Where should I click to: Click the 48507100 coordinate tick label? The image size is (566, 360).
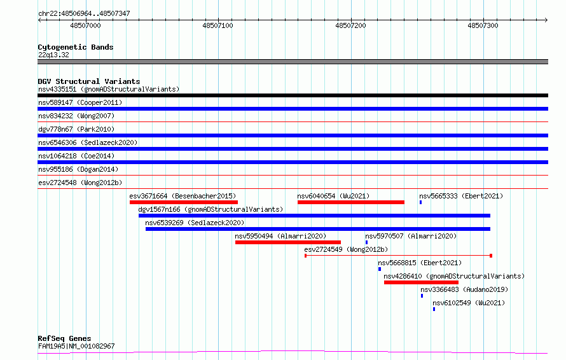coord(217,25)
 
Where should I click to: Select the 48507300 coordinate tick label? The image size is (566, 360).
coord(483,25)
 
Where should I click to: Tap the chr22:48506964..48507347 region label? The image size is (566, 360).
coord(84,13)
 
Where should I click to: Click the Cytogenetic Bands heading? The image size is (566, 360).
coord(76,47)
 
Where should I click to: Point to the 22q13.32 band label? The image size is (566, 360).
coord(53,55)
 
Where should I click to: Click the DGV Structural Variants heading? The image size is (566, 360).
coord(89,81)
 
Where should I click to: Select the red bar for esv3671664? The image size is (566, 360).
coord(184,202)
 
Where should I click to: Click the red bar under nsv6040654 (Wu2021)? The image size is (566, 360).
coord(351,202)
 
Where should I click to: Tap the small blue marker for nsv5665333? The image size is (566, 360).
coord(420,202)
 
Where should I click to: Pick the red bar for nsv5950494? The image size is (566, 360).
coord(288,242)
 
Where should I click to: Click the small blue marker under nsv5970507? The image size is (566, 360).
coord(366,242)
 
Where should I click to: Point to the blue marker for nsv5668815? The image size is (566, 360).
coord(380,269)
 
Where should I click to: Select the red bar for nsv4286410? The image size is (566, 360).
coord(421,282)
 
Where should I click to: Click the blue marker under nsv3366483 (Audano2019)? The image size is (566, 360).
coord(422,296)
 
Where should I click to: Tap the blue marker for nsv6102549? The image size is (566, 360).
coord(434,309)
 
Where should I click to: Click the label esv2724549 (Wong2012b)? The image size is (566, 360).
coord(346,249)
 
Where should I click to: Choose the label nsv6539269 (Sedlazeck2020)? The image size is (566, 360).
coord(195,223)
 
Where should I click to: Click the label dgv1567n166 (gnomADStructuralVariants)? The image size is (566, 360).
coord(211,209)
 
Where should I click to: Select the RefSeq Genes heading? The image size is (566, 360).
coord(65,338)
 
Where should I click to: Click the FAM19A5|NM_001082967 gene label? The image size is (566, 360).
coord(76,346)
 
